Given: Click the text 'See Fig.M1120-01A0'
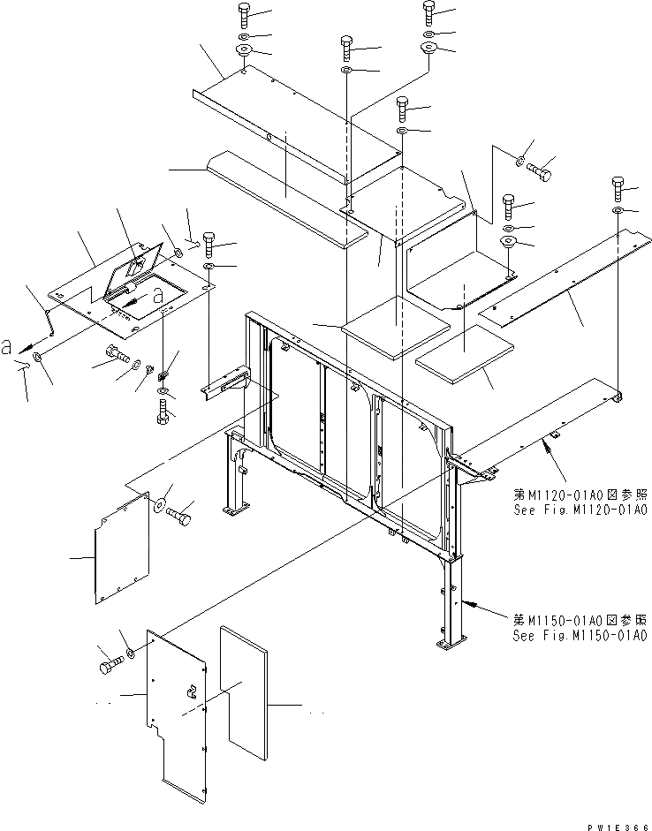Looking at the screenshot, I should click(x=579, y=510).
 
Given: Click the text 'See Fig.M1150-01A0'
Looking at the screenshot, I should click(x=579, y=635).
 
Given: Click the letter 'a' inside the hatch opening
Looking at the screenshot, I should click(x=158, y=298).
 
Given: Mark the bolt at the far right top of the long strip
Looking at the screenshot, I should click(x=618, y=187).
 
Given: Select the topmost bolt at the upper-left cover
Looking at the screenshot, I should click(x=244, y=13).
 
